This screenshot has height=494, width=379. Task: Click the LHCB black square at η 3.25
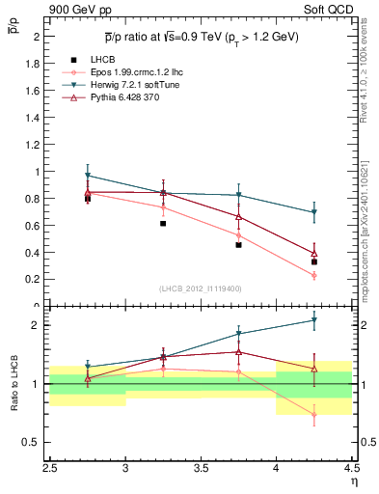point(163,223)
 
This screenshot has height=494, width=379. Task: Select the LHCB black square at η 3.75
point(238,245)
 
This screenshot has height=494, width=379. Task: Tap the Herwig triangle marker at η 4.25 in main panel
point(313,212)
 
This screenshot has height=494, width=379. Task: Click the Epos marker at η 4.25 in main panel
point(313,275)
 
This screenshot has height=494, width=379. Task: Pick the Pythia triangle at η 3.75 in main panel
point(238,216)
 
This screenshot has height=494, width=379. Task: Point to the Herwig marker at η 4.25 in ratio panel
point(313,320)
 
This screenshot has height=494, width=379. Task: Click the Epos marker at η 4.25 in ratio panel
point(313,415)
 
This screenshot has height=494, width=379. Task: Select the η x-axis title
point(353,480)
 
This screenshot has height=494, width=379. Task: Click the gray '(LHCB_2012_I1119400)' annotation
point(201,289)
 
